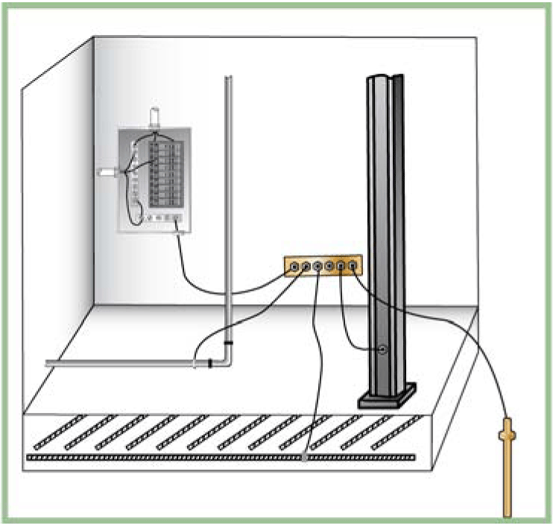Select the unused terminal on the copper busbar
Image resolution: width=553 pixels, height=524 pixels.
click(329, 265)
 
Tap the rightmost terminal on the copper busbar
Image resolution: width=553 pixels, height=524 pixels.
click(353, 265)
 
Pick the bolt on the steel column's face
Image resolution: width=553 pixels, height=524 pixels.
click(382, 350)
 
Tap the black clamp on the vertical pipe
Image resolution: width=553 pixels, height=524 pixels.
click(228, 342)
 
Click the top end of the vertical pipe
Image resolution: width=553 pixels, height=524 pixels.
click(228, 78)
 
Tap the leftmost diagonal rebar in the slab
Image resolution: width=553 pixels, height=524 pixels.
click(56, 432)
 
